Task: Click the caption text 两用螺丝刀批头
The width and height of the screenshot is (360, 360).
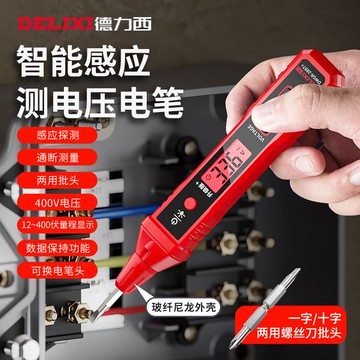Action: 304,342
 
